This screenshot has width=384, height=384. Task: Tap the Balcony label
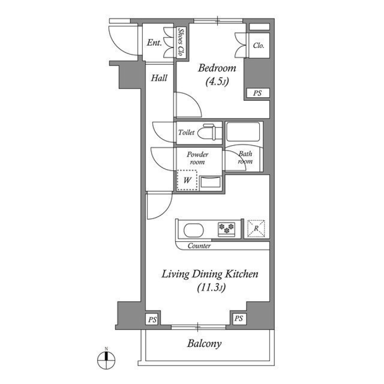click(x=204, y=343)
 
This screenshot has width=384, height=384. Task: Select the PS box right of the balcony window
click(x=238, y=318)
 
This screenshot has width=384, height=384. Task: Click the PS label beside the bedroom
click(x=258, y=94)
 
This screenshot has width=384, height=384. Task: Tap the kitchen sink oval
click(x=194, y=230)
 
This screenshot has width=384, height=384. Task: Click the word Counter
click(x=199, y=246)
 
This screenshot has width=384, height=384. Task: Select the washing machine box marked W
click(x=187, y=180)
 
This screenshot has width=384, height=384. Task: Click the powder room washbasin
click(x=210, y=182)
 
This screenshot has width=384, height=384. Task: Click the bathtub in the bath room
click(x=243, y=131)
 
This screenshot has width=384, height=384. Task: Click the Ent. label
click(x=154, y=43)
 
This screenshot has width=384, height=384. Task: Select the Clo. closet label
click(x=258, y=46)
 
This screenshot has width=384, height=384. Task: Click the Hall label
click(x=159, y=78)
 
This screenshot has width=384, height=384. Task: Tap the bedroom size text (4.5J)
click(x=216, y=82)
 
